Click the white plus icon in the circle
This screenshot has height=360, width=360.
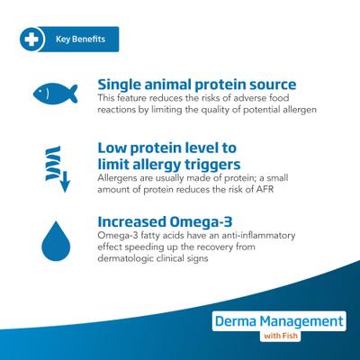31,40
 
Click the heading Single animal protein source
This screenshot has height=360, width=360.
196,85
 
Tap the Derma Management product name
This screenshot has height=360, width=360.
279,320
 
